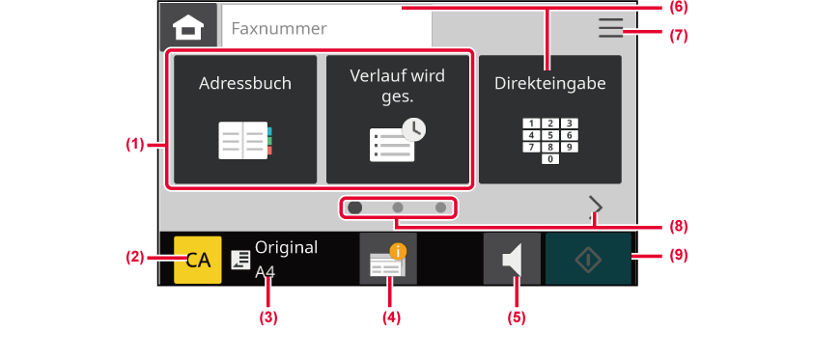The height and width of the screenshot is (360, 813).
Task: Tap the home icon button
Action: point(188,26)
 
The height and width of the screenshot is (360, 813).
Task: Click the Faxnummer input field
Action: point(326,27)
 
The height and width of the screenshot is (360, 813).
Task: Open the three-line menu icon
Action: point(611,28)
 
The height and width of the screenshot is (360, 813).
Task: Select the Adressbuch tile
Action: point(245,119)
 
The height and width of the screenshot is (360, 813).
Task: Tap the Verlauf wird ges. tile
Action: point(398,119)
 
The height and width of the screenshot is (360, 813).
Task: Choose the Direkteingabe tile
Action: point(550,119)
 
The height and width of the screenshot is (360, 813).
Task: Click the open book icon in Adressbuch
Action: point(245,140)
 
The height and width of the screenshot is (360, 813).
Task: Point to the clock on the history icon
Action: point(414,130)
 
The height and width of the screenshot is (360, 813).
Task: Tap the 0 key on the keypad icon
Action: point(550,159)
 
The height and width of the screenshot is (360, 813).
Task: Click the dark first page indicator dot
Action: point(355,208)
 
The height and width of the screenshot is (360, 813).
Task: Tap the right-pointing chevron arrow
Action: point(596,208)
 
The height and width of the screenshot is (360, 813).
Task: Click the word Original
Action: point(286,248)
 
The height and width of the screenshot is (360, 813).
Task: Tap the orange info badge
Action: point(398,252)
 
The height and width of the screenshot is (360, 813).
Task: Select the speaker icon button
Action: point(513,259)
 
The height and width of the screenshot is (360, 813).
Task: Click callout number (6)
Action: point(677,8)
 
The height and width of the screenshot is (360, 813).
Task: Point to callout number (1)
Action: point(135,145)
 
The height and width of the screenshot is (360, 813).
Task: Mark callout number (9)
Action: point(677,256)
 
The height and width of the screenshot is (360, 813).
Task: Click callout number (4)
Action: point(391,318)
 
